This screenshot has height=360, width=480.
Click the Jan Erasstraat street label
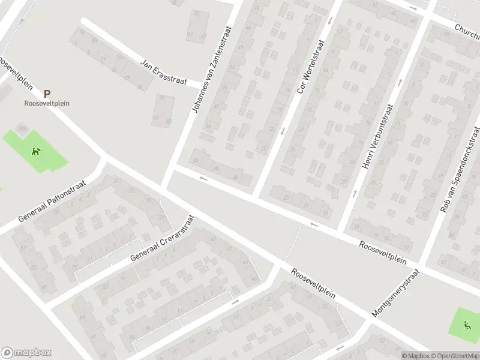pyautogui.click(x=163, y=71)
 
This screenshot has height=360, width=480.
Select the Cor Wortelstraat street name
pyautogui.click(x=310, y=67)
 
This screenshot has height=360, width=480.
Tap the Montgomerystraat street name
pyautogui.click(x=395, y=293)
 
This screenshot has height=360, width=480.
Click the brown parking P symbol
pyautogui.click(x=47, y=94)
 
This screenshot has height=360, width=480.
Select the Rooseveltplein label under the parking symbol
pyautogui.click(x=47, y=103)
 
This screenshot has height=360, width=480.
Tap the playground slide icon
pyautogui.click(x=467, y=326)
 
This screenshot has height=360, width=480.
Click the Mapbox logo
pyautogui.click(x=26, y=353)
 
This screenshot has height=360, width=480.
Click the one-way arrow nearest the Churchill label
pyautogui.click(x=412, y=8)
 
